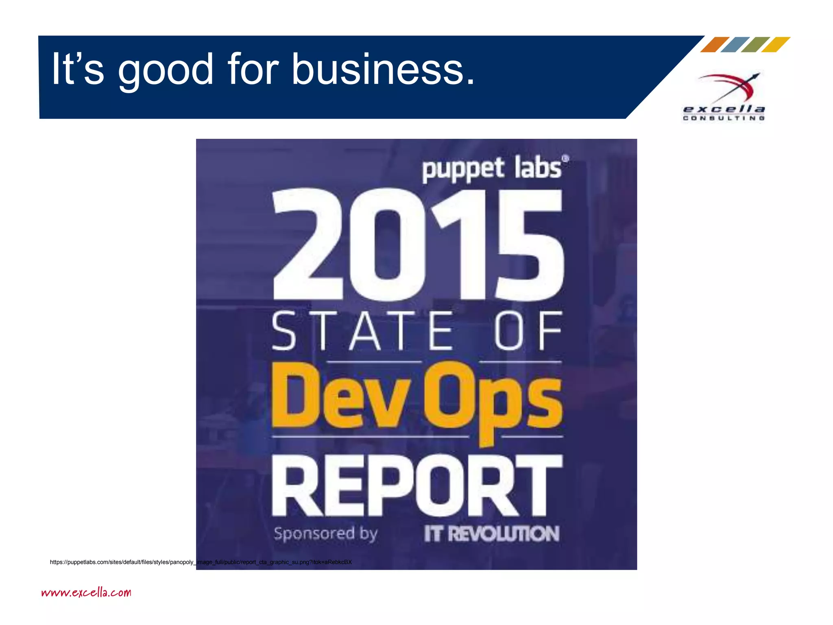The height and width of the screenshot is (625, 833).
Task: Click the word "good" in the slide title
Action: [x=165, y=70]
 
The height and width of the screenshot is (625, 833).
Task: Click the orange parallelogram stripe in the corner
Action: [x=714, y=45]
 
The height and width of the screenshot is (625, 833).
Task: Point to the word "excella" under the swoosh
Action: [x=724, y=109]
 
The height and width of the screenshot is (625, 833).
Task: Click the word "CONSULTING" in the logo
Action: [x=724, y=118]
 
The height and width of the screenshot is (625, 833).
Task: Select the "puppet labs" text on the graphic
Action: [x=492, y=168]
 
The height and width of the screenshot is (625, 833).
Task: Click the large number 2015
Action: [x=418, y=244]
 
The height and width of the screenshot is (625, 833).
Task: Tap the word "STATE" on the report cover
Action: [x=362, y=330]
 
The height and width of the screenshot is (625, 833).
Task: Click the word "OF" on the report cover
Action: [x=528, y=330]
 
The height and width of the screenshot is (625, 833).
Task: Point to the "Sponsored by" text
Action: [x=325, y=533]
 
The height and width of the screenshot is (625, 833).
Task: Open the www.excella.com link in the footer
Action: [x=86, y=592]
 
